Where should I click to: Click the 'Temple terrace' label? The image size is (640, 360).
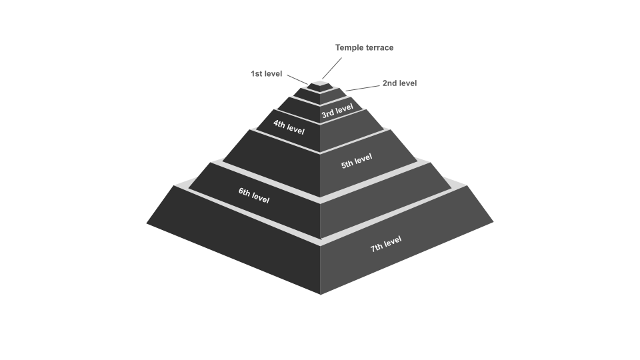click(x=364, y=48)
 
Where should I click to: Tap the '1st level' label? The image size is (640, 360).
click(x=266, y=74)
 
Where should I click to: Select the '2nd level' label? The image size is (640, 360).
click(x=399, y=83)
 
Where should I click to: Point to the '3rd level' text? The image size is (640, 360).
click(x=337, y=111)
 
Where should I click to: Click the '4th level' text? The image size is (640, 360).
click(x=289, y=127)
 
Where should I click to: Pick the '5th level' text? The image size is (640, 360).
click(x=357, y=161)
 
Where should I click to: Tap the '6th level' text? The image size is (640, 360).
click(x=254, y=195)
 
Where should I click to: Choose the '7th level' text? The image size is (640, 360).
click(x=386, y=244)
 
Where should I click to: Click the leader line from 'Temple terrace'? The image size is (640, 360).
click(x=332, y=68)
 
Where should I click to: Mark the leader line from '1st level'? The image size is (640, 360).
click(x=297, y=79)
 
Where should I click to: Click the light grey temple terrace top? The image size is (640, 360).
click(x=321, y=84)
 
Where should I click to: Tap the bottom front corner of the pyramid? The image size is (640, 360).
click(x=321, y=294)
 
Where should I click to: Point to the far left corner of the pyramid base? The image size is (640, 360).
click(x=147, y=223)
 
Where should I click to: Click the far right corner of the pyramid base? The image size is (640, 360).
click(x=493, y=221)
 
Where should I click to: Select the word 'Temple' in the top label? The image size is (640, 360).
click(x=349, y=48)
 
